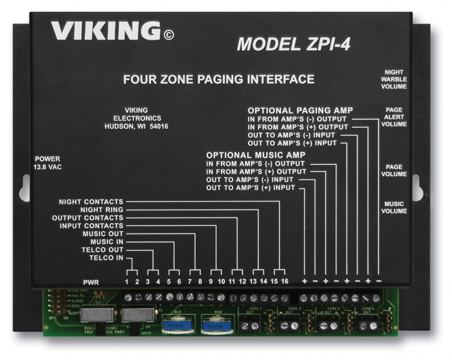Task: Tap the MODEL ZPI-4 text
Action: pyautogui.click(x=293, y=44)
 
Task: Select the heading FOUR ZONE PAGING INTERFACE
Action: pyautogui.click(x=219, y=79)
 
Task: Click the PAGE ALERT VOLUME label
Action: pyautogui.click(x=394, y=117)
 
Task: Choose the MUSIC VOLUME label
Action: pyautogui.click(x=395, y=207)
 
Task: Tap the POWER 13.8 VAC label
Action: pyautogui.click(x=47, y=163)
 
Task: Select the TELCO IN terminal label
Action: pyautogui.click(x=106, y=258)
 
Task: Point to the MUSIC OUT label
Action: pyautogui.click(x=102, y=234)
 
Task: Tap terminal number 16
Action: pyautogui.click(x=285, y=281)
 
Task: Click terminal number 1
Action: pyautogui.click(x=127, y=281)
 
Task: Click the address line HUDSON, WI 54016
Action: pyautogui.click(x=137, y=127)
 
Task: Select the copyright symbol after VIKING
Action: pyautogui.click(x=168, y=36)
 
